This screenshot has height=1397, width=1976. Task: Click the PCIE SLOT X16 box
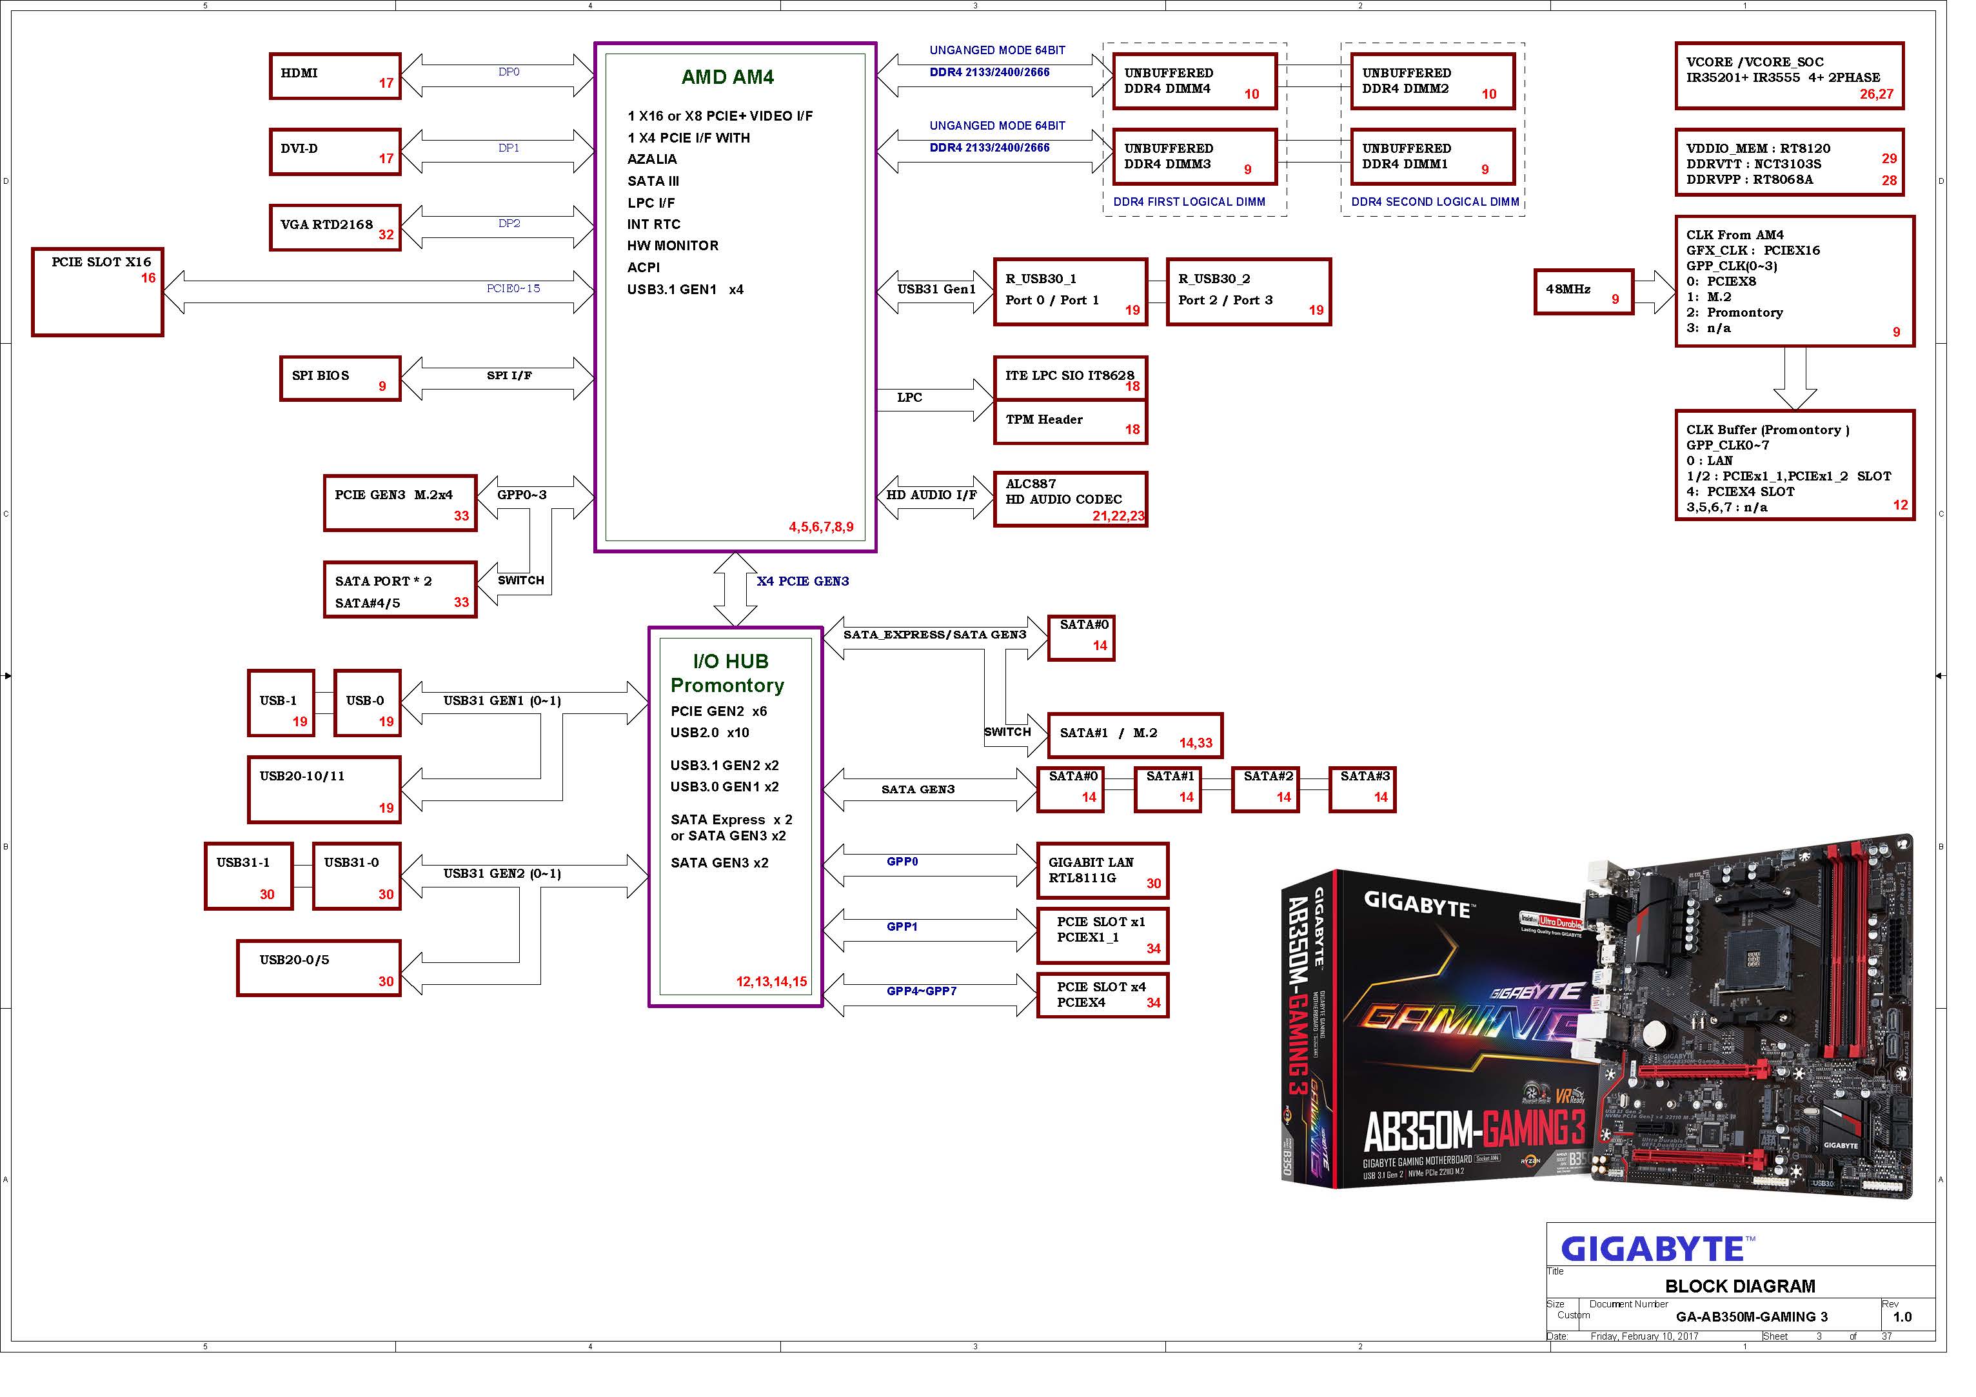pos(97,292)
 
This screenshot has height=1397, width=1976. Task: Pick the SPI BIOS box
pos(340,379)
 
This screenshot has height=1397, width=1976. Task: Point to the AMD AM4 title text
pos(727,77)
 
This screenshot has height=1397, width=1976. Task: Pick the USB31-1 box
pos(249,875)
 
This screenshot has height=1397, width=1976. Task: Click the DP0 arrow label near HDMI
pos(509,72)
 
